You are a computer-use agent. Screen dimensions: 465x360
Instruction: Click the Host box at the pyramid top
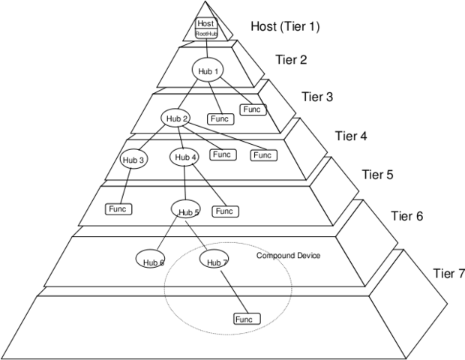206,23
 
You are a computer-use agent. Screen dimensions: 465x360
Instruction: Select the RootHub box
206,34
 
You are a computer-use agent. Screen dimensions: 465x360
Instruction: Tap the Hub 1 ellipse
208,70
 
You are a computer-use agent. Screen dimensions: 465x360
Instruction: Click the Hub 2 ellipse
175,118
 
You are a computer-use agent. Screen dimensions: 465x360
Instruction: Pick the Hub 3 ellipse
133,160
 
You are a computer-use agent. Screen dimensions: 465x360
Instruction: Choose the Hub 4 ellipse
184,157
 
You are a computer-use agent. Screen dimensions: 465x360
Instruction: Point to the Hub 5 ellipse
186,208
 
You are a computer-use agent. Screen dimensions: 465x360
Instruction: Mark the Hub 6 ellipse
150,259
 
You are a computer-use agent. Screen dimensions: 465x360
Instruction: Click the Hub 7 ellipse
214,259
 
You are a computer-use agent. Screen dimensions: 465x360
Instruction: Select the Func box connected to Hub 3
118,209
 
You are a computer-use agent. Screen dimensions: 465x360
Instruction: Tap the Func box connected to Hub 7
247,319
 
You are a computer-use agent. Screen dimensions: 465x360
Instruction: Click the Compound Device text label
288,256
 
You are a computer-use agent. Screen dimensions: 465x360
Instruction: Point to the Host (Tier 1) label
285,26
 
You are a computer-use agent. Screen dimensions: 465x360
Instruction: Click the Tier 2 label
291,59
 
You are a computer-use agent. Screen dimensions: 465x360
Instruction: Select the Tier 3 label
317,97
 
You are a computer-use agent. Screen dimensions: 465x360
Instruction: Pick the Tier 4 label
351,136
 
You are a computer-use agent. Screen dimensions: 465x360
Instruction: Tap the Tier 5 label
377,174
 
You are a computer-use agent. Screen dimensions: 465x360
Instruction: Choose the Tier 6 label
406,216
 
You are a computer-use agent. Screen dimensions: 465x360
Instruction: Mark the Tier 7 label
448,273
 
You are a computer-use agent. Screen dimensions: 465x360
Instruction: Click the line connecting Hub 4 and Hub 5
185,183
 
